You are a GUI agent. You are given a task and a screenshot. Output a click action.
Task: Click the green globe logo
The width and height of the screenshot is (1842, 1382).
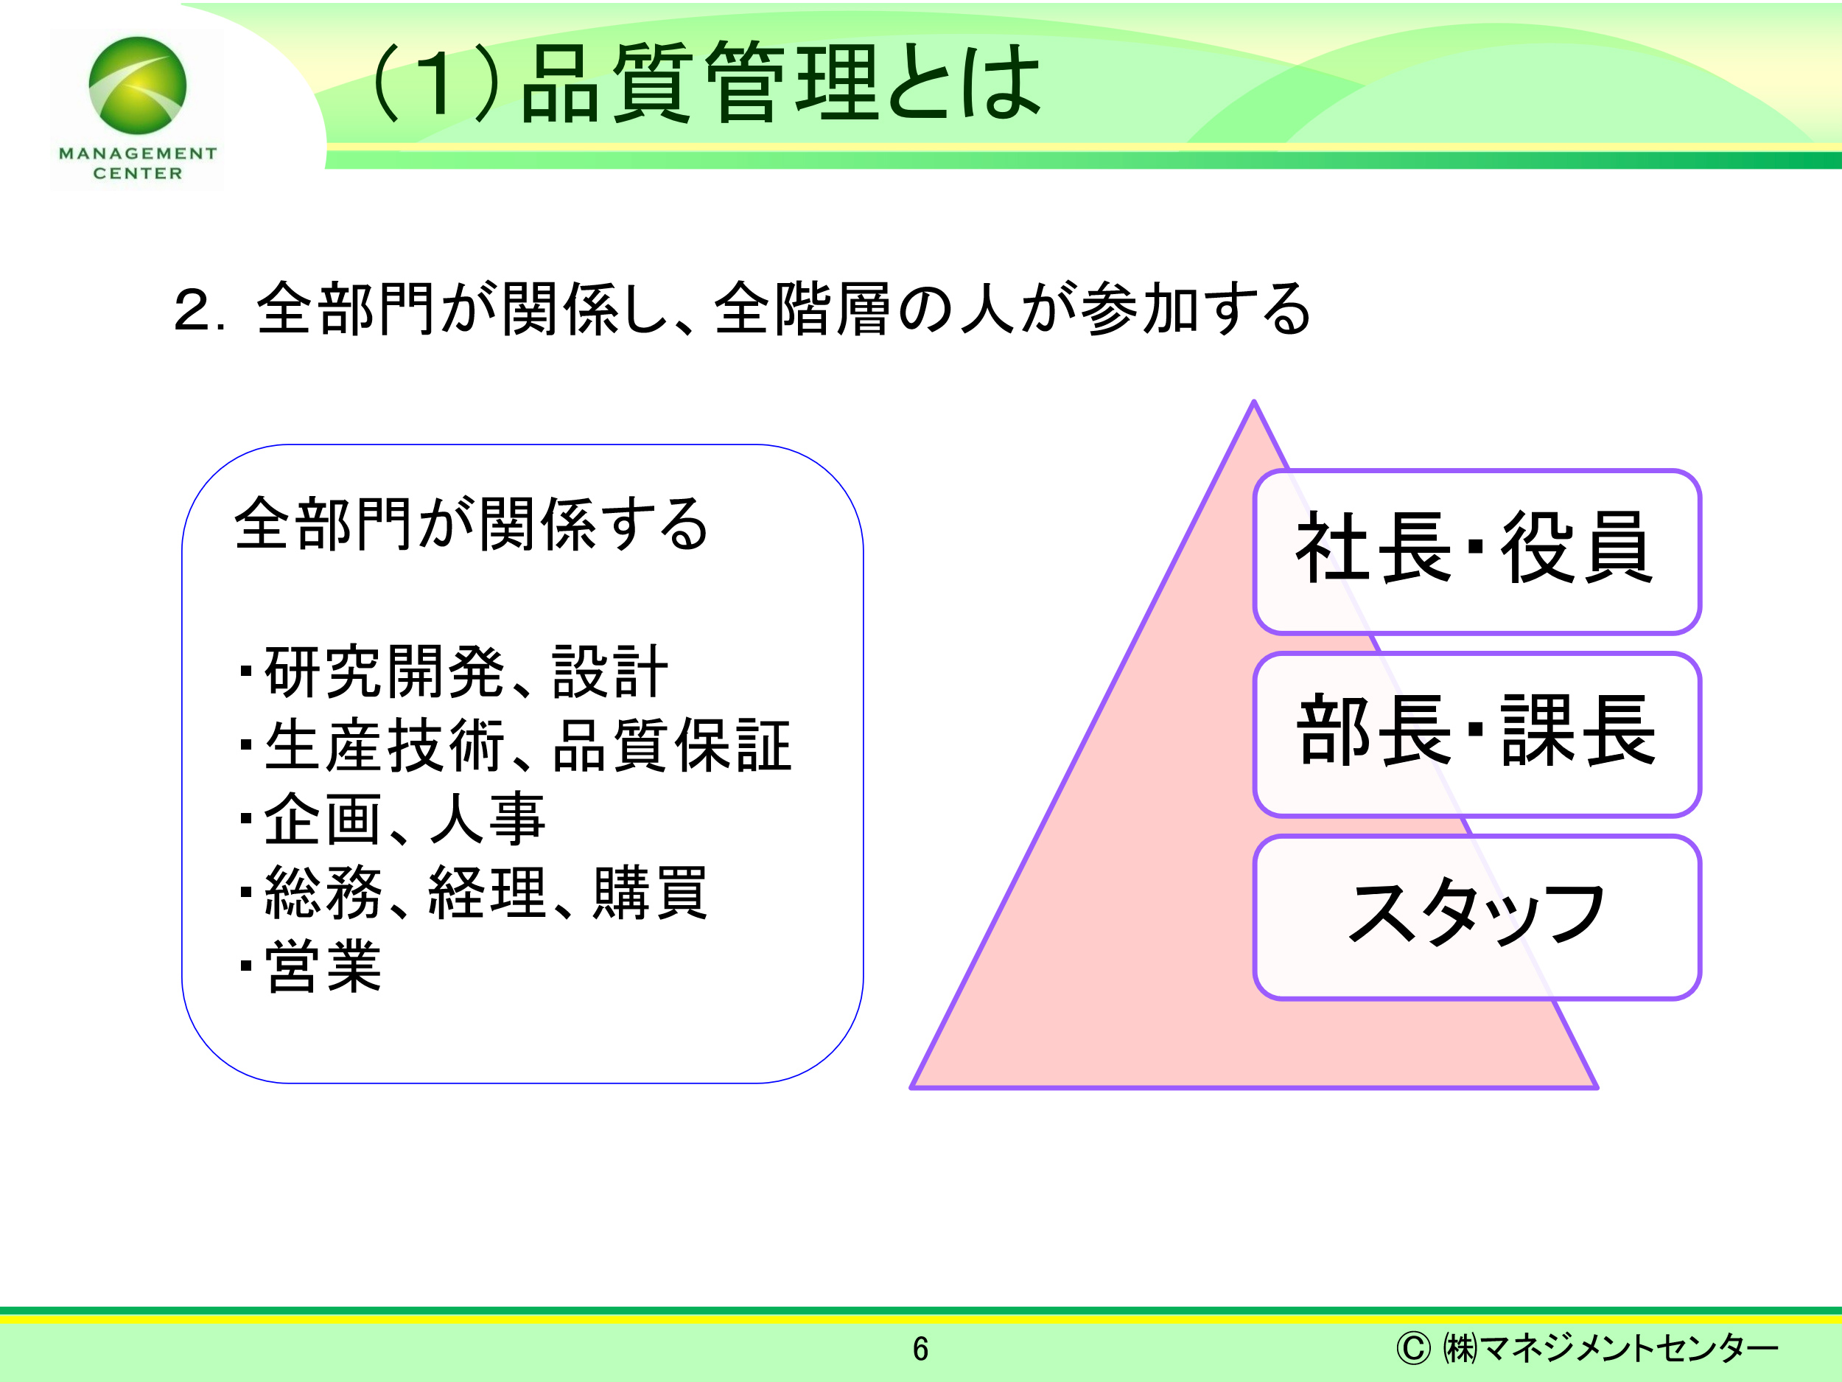pos(137,85)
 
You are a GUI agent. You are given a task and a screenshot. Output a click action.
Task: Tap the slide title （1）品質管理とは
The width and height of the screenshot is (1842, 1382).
pos(704,82)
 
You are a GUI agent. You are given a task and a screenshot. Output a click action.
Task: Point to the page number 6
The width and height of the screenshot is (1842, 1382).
pos(920,1349)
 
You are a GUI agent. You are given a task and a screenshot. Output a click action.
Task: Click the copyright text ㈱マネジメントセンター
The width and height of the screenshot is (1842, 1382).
pos(1586,1348)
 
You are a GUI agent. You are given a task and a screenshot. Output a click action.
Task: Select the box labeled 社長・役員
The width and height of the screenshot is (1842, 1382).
pos(1477,551)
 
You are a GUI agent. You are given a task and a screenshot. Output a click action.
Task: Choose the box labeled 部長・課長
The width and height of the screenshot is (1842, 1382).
pos(1477,734)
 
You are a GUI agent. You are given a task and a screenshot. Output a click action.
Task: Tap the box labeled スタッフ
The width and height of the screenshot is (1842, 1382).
pos(1477,916)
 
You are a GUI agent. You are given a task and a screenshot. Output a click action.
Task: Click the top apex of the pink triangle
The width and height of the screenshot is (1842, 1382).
pos(1253,402)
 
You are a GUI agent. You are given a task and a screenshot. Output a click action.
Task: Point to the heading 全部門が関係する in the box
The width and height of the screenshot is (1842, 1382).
pos(472,524)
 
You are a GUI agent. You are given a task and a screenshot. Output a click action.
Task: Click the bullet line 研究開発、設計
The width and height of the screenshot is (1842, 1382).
pos(453,671)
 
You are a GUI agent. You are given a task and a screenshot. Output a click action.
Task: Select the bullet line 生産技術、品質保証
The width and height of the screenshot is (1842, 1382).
pos(514,744)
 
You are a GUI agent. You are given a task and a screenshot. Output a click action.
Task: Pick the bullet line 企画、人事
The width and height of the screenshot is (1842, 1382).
pos(392,818)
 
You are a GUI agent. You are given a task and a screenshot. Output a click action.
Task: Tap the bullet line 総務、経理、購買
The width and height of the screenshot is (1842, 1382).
pos(473,892)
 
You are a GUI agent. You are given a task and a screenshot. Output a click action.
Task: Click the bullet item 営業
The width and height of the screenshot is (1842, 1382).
pos(309,966)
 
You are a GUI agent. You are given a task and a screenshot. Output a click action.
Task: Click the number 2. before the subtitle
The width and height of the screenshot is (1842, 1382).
pos(199,310)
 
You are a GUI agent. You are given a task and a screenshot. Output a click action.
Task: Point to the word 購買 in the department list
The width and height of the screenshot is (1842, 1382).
pos(651,892)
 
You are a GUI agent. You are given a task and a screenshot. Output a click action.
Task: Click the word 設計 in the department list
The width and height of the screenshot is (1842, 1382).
pos(610,671)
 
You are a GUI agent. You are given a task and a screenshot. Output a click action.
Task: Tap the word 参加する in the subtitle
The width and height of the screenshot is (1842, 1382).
pos(1197,308)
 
